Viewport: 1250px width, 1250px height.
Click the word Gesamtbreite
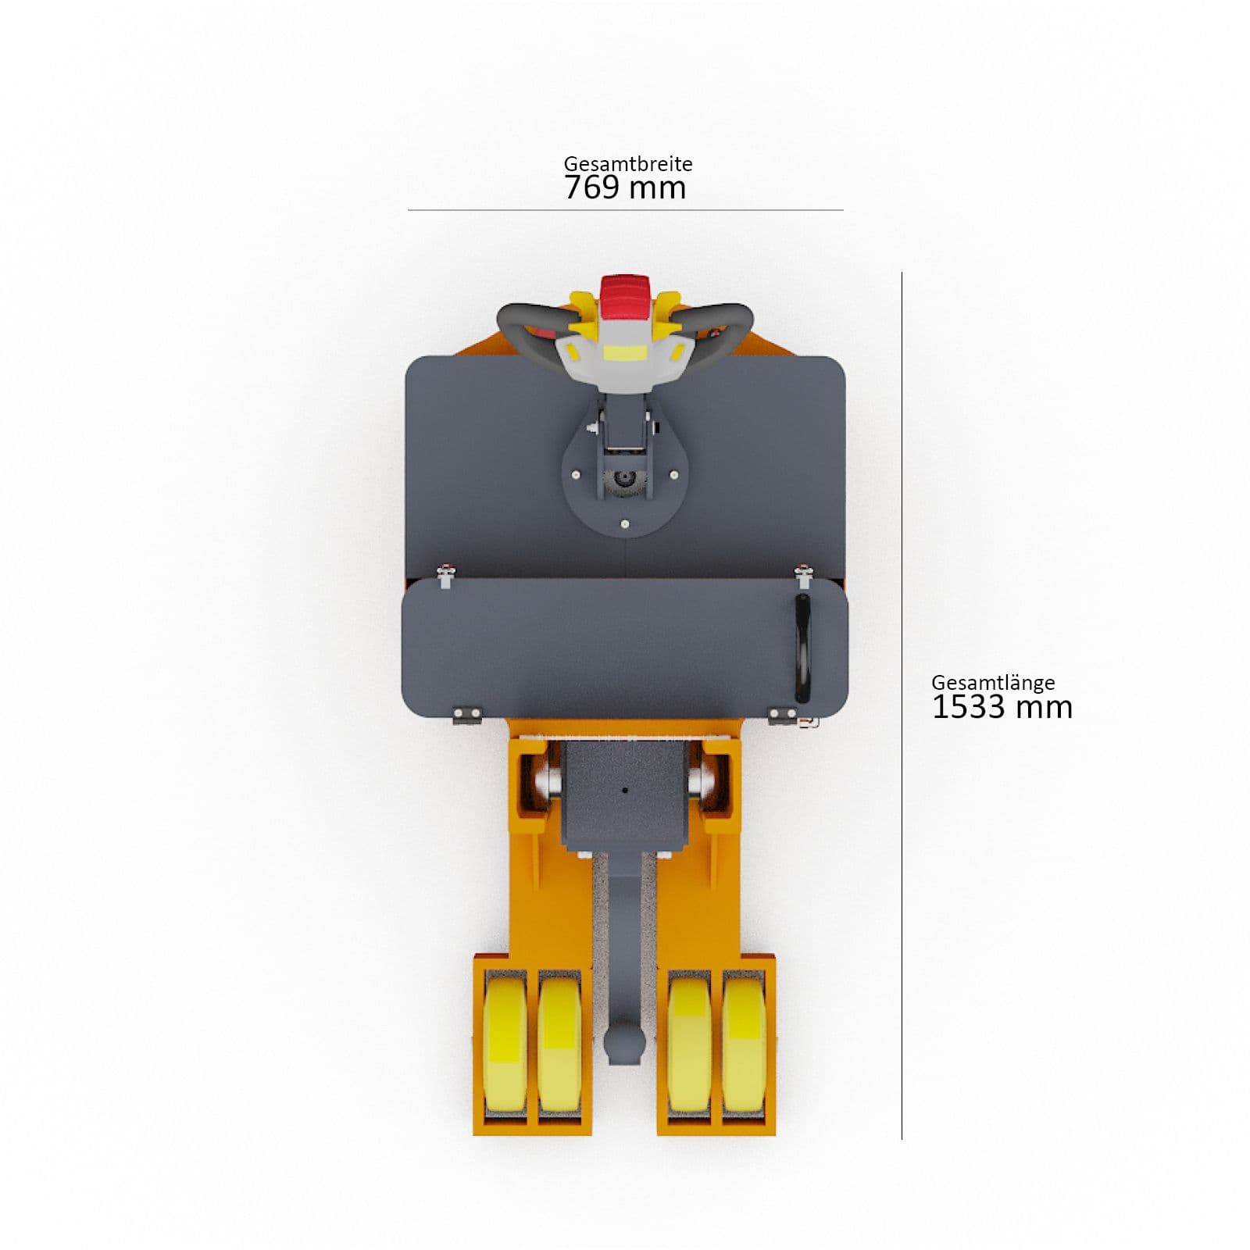pos(628,164)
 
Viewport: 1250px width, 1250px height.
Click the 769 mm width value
pos(625,188)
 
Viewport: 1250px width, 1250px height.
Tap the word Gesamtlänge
pos(993,683)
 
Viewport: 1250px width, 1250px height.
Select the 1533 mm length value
pos(1002,707)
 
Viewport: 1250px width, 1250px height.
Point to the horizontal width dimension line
pos(625,210)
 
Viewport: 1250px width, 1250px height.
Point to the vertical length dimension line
pos(902,705)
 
